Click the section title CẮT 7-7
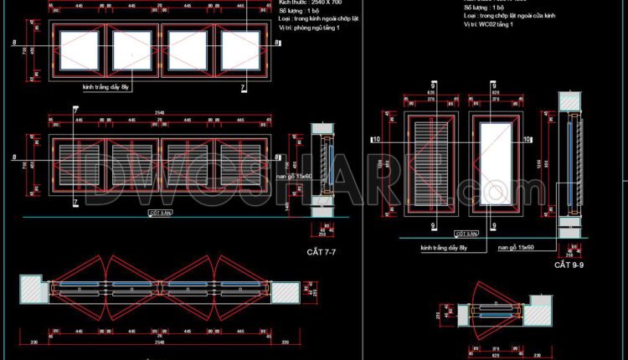[325, 252]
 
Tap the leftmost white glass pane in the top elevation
[80, 50]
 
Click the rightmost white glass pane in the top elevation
[241, 50]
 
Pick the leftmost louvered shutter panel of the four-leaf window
[80, 159]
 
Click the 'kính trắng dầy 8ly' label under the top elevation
[106, 86]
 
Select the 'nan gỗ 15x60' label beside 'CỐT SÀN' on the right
[517, 248]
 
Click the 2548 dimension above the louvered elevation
[160, 113]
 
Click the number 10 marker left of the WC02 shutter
[376, 138]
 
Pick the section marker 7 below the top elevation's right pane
[244, 86]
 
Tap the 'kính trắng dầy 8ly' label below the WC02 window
[444, 248]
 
